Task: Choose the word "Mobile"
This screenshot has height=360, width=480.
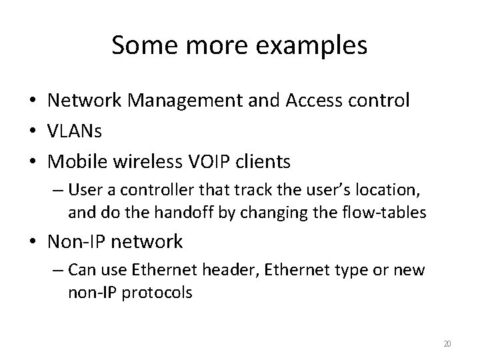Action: pyautogui.click(x=76, y=161)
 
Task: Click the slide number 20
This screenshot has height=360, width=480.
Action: pyautogui.click(x=447, y=344)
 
